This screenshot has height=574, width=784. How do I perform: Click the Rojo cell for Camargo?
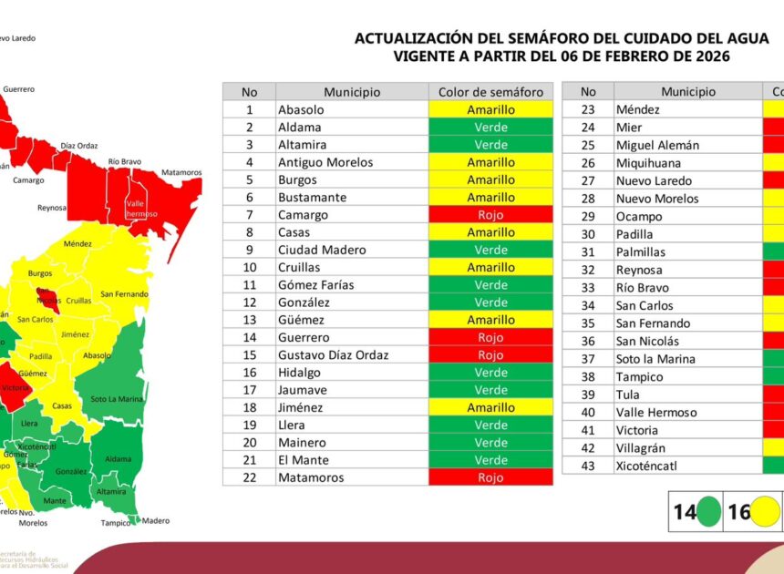tap(490, 215)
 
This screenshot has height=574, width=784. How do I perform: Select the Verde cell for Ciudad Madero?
tap(490, 250)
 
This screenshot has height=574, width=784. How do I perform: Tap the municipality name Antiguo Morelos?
tap(325, 162)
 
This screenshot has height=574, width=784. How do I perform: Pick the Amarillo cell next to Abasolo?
tap(490, 109)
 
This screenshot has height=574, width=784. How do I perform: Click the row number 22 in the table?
tap(249, 477)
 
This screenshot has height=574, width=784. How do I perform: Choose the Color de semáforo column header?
tap(490, 92)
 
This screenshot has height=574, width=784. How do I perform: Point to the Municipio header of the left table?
tap(351, 92)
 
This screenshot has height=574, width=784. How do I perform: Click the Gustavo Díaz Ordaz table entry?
tap(333, 355)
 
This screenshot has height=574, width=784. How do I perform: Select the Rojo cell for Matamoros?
tap(490, 477)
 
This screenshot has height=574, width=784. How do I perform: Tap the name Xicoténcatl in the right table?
tap(646, 466)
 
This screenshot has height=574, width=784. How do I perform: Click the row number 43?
tap(588, 466)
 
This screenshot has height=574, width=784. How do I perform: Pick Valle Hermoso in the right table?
tap(649, 413)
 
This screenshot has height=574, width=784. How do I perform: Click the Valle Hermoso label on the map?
tap(141, 209)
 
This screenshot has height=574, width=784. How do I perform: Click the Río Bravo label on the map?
tap(125, 161)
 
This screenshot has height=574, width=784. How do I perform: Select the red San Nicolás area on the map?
tap(48, 295)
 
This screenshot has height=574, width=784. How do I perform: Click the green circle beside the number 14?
tap(708, 512)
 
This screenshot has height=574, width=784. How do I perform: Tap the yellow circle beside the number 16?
tap(764, 512)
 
